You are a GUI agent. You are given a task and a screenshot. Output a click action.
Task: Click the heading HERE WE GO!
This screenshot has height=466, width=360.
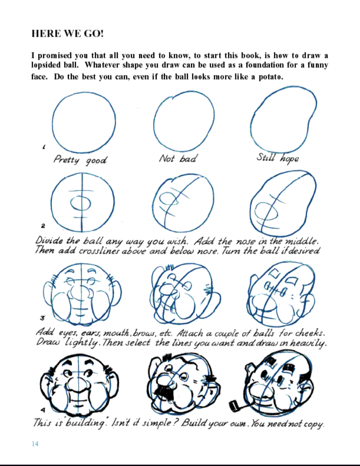(67, 33)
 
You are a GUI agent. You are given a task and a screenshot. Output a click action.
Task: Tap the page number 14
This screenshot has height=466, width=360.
(35, 444)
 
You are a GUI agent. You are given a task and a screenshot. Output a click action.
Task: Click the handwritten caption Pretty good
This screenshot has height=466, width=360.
(80, 160)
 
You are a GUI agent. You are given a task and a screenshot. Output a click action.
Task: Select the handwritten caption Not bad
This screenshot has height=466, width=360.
(178, 158)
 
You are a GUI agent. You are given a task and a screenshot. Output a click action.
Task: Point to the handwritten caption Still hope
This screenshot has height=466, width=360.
(278, 158)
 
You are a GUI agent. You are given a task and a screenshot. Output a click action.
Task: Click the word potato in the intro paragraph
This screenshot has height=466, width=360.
(270, 77)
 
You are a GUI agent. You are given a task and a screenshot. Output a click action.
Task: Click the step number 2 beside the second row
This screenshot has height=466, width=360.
(43, 226)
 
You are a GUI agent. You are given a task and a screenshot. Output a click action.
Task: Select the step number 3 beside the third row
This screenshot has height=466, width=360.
(42, 318)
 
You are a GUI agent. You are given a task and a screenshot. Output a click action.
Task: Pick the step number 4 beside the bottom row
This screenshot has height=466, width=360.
(43, 410)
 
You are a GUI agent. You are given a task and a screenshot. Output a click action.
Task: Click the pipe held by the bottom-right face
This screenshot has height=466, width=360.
(236, 406)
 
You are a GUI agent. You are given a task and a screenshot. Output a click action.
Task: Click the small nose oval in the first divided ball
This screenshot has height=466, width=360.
(80, 203)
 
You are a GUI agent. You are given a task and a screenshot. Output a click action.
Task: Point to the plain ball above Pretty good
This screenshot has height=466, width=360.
(84, 122)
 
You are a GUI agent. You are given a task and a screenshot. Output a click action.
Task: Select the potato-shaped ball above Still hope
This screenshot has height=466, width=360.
(283, 120)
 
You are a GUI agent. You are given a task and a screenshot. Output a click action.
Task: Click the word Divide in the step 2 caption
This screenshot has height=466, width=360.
(49, 241)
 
